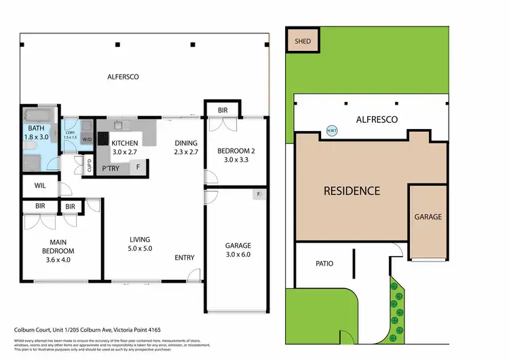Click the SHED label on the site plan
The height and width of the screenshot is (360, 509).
[x=303, y=41]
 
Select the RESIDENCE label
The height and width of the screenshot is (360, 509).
[x=351, y=191]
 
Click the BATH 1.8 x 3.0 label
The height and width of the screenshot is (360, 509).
[x=37, y=133]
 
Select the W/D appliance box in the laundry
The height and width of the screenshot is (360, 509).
[x=87, y=140]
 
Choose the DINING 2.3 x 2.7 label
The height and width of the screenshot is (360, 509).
[x=185, y=148]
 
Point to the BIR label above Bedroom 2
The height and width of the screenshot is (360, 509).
[x=223, y=110]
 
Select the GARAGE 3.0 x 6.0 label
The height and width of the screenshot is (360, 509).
[x=238, y=250]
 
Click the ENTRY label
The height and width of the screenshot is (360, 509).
[x=185, y=257]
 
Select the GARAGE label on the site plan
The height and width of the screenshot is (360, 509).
[x=428, y=217]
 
